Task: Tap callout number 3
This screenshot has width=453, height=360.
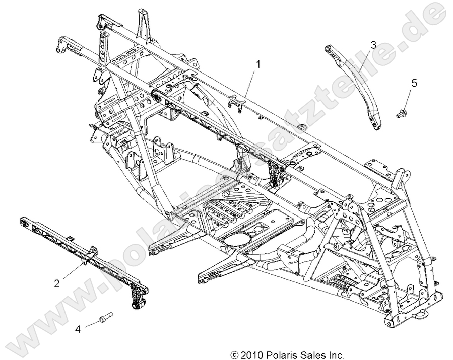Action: pyautogui.click(x=373, y=45)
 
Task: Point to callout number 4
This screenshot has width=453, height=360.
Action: pyautogui.click(x=77, y=329)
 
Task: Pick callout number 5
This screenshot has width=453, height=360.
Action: pyautogui.click(x=414, y=83)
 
